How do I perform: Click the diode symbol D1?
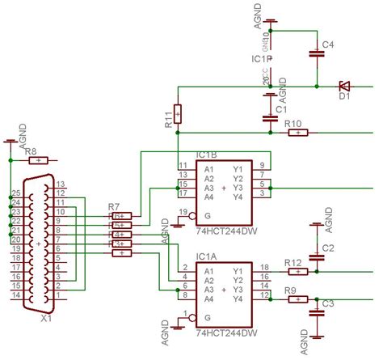pyautogui.click(x=343, y=85)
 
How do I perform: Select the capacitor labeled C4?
pyautogui.click(x=316, y=54)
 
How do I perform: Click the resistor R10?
pyautogui.click(x=297, y=132)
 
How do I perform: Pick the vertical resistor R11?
pyautogui.click(x=179, y=112)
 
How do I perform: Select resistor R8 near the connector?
pyautogui.click(x=37, y=160)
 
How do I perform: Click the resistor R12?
pyautogui.click(x=296, y=272)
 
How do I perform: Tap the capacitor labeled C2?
pyautogui.click(x=317, y=256)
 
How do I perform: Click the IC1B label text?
pyautogui.click(x=208, y=155)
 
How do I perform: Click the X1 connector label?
pyautogui.click(x=46, y=318)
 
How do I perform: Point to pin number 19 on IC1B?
pyautogui.click(x=182, y=212)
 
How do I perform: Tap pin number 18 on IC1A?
pyautogui.click(x=263, y=266)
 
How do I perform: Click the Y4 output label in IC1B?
pyautogui.click(x=238, y=197)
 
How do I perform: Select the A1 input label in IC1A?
pyautogui.click(x=208, y=271)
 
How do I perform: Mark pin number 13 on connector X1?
pyautogui.click(x=59, y=184)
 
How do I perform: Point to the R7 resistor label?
pyautogui.click(x=114, y=207)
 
